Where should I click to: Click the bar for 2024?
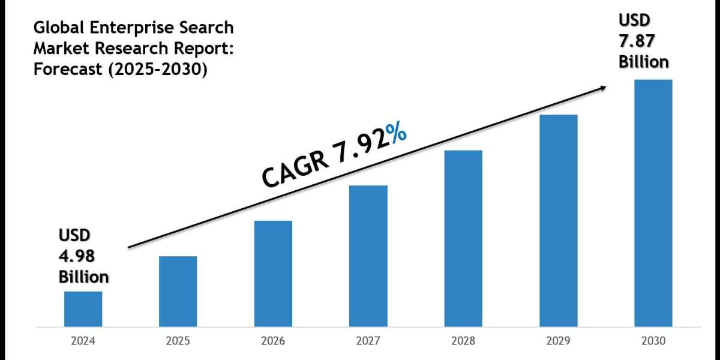click(83, 309)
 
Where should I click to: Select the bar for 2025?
click(178, 292)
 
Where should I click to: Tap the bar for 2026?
click(273, 274)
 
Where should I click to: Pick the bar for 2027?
click(368, 256)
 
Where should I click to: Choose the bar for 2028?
click(463, 239)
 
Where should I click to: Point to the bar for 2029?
click(558, 221)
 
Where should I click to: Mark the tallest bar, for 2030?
click(653, 203)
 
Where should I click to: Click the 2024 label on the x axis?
click(83, 341)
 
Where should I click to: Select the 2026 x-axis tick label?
click(273, 341)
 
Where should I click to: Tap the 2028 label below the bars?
click(463, 341)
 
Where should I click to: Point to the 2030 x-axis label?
click(653, 341)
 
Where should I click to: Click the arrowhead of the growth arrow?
click(602, 88)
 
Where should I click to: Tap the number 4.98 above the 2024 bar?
click(76, 256)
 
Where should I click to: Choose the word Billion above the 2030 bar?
click(644, 62)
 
